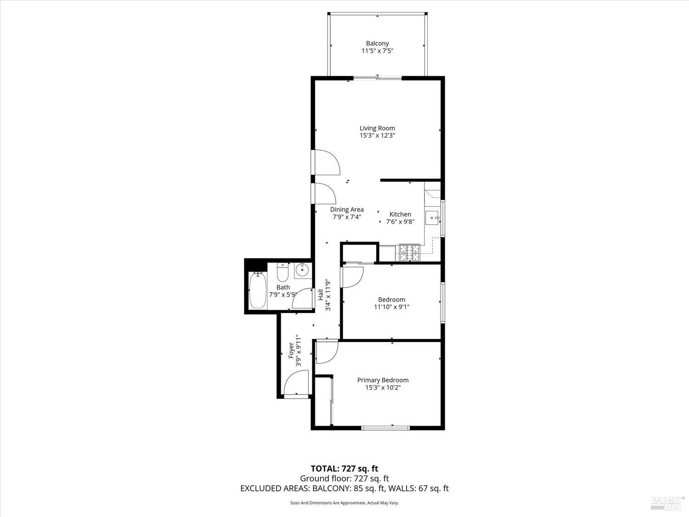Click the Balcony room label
coord(377,44)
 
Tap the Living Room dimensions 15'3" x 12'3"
coord(377,136)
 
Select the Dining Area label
coord(347,210)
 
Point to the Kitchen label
coord(400,214)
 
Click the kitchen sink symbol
coord(433,217)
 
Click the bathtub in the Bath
coord(257,290)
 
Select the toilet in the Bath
coord(282,272)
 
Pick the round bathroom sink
coord(302,270)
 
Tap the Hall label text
coord(321,295)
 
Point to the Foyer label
coord(291,350)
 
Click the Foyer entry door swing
coord(294,384)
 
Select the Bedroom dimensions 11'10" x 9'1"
coord(392,307)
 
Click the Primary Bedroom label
coord(383,380)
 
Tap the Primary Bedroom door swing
coord(326,352)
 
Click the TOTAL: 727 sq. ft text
coord(344,469)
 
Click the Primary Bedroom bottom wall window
coord(385,428)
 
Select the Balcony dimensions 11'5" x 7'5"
coord(377,51)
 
